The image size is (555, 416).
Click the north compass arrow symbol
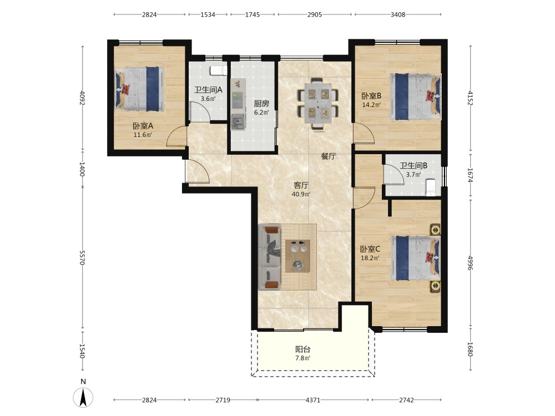tap(83, 397)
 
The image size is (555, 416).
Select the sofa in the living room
tap(269, 257)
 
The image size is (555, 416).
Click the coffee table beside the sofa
tap(297, 256)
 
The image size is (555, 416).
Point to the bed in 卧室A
tap(139, 89)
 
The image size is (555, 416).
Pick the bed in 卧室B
tap(416, 97)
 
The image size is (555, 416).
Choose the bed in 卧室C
tap(416, 258)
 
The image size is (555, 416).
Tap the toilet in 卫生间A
tap(218, 70)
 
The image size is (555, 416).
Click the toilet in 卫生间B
tap(430, 187)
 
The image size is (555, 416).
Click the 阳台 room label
tap(303, 349)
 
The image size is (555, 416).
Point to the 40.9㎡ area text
tap(301, 194)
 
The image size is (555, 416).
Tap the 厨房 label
tap(261, 104)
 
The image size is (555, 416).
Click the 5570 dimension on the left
tap(82, 258)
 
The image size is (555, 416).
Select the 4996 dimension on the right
tap(471, 263)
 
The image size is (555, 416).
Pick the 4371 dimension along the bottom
tap(313, 400)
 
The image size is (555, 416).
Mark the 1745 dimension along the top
tap(253, 14)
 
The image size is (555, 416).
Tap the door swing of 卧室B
tap(364, 133)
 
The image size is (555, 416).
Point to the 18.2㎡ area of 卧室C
tap(370, 258)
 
